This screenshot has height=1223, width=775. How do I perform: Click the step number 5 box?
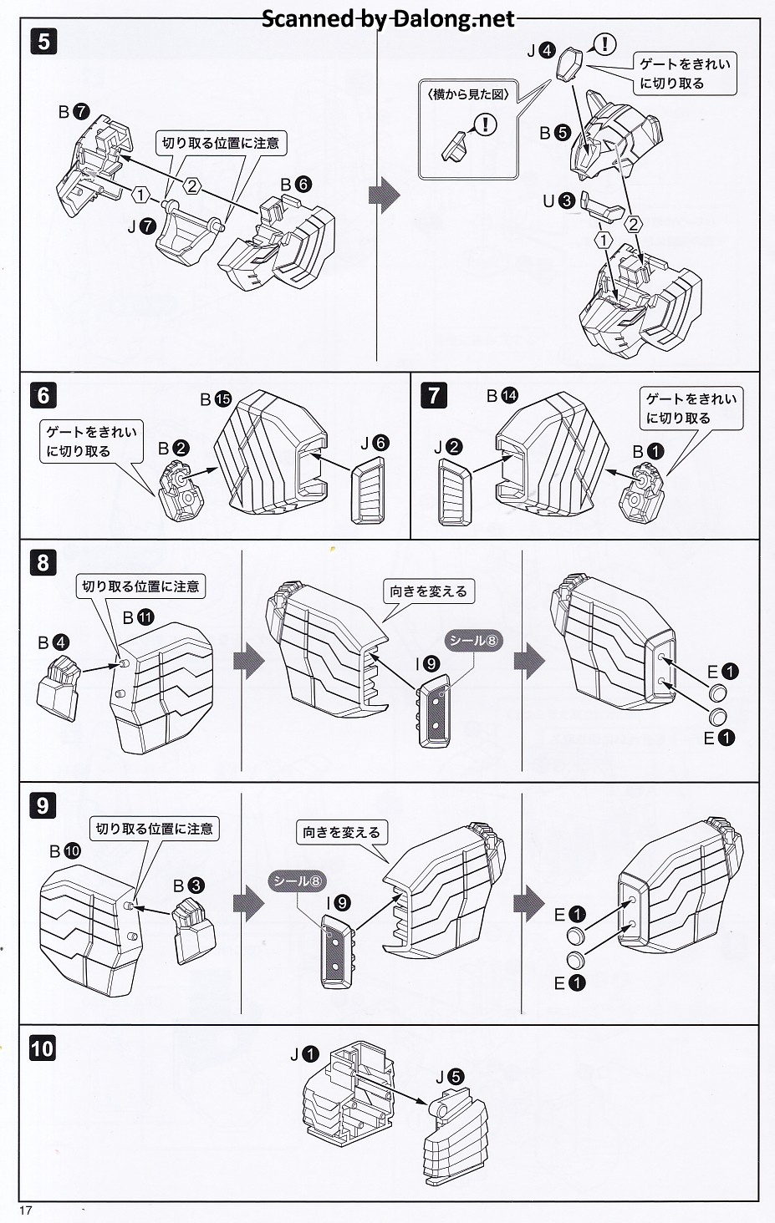43,41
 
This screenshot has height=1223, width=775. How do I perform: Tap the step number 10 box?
42,1048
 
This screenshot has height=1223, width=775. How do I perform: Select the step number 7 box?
433,394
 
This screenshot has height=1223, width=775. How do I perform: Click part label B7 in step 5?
74,111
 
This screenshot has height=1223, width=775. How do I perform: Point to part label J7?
141,225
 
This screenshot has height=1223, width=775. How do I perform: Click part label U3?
558,200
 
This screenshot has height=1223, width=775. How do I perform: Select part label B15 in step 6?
216,400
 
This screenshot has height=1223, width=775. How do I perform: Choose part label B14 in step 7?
502,395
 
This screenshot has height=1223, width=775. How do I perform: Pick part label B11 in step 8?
138,617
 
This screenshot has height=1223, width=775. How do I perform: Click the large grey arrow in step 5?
384,195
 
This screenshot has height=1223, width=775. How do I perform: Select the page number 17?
24,1210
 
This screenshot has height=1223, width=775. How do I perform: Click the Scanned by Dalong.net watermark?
388,18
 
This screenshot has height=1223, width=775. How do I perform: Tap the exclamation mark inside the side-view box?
485,124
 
